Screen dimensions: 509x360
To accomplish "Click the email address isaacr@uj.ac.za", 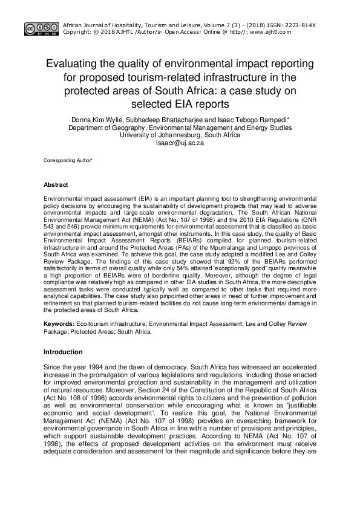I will (180, 144).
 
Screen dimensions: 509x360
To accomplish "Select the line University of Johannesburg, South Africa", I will (180, 137).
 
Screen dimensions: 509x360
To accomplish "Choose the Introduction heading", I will (63, 352).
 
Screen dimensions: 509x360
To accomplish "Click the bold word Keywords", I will (59, 325).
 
